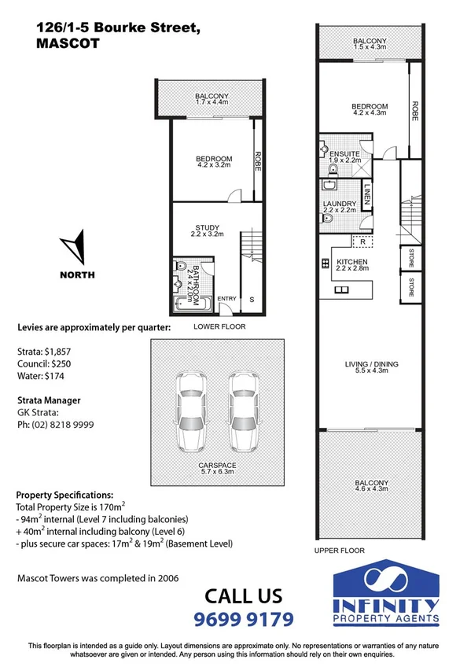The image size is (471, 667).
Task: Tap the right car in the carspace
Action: coord(242,412)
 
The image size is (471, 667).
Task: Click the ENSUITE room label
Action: coord(345,154)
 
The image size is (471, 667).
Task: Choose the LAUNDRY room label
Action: coord(340,205)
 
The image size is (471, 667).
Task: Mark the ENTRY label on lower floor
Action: coord(226,298)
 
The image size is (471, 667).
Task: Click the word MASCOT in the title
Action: coord(68,44)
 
